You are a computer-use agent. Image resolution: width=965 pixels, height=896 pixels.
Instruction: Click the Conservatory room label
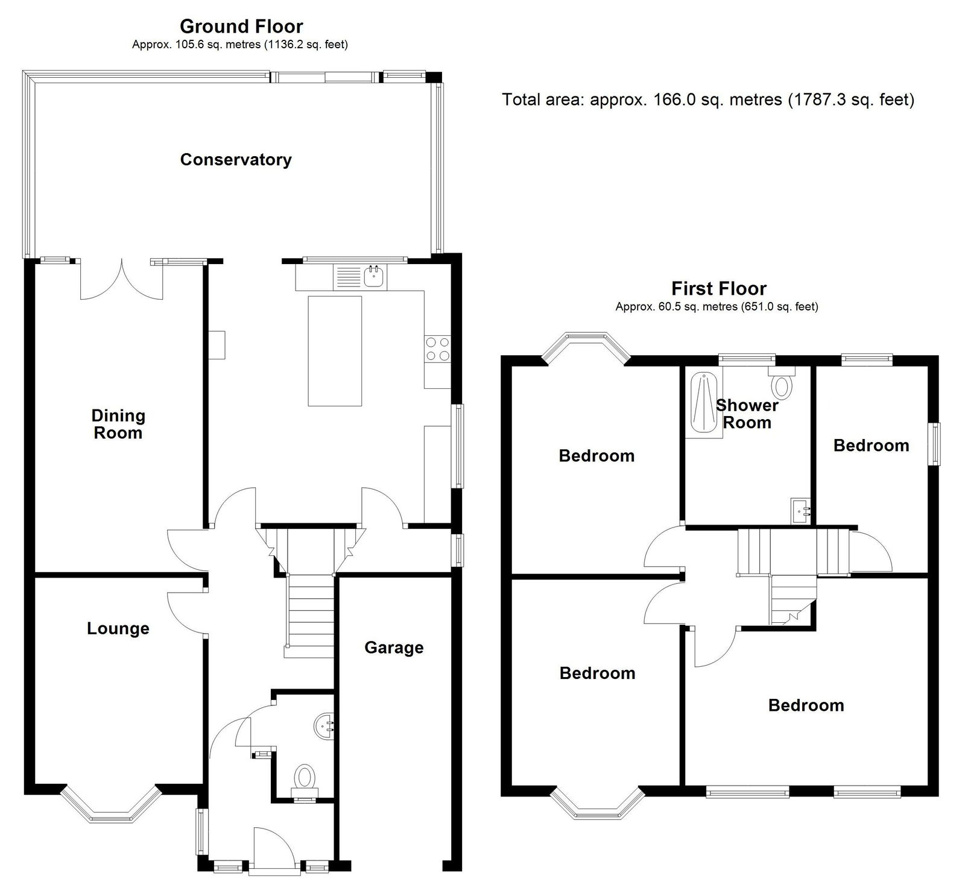(236, 160)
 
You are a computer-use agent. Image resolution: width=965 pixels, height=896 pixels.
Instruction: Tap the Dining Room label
(118, 424)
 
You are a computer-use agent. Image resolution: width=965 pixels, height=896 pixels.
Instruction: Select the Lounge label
(118, 628)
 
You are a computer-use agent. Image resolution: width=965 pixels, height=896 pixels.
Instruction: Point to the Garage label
(394, 648)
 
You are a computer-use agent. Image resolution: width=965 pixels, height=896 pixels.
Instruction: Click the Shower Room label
(747, 414)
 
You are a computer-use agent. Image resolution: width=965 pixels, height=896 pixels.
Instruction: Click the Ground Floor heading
(241, 27)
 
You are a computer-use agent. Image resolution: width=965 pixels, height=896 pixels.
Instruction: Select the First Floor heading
(719, 289)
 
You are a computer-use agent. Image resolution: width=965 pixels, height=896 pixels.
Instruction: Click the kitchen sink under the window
(361, 277)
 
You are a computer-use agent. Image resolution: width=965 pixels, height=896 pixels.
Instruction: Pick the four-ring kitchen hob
(438, 349)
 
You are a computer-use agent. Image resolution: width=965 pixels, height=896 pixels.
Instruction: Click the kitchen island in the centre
(335, 351)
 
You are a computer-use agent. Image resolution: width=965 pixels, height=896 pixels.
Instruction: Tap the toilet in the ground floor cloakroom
(305, 780)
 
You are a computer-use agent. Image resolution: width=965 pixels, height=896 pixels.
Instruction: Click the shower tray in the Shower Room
(706, 404)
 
